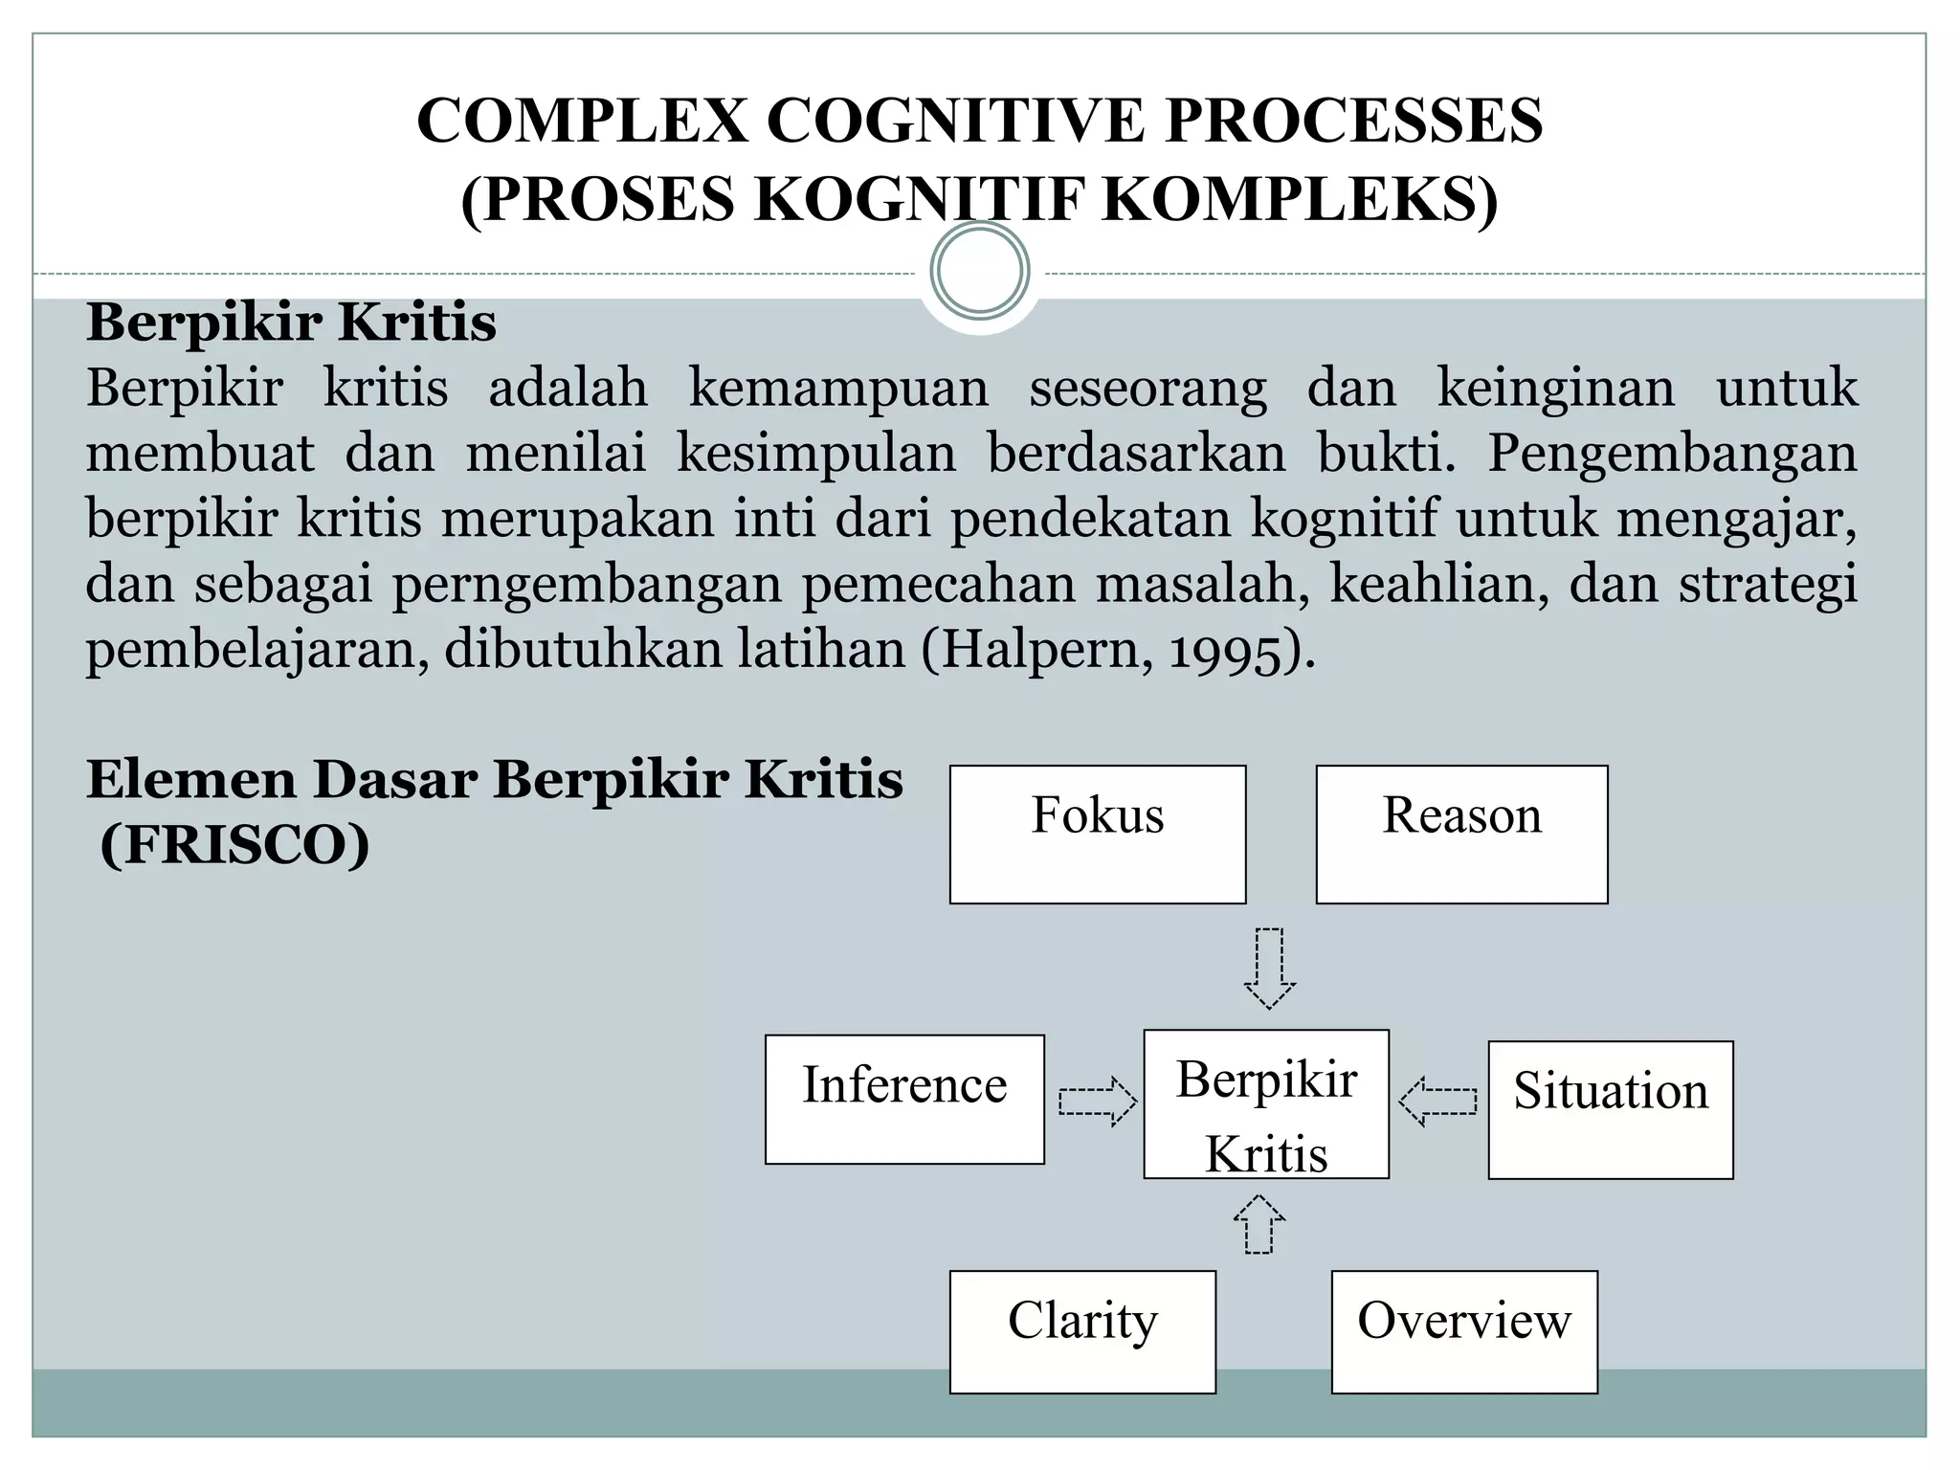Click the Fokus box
(1097, 834)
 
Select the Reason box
(1461, 834)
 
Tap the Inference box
(904, 1099)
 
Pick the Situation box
(1610, 1109)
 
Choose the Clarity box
(1082, 1331)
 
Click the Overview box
(1464, 1331)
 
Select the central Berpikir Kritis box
(1265, 1103)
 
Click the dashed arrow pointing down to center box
(1269, 968)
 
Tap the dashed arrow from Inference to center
(1097, 1102)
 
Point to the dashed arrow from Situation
(1437, 1102)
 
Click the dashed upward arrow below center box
(1258, 1224)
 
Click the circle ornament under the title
(979, 271)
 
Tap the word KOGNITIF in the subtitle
(926, 199)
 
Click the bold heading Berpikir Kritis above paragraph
(291, 323)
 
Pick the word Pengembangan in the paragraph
(1671, 453)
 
